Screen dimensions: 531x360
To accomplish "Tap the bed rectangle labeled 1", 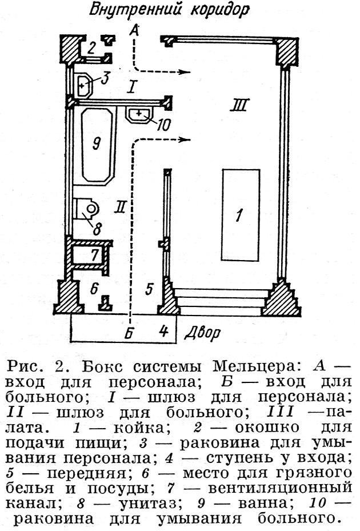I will [240, 215].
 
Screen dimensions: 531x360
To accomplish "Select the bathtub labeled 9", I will [97, 145].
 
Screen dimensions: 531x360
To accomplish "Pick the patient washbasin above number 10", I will [138, 114].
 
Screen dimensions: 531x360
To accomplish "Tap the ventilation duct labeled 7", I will [91, 253].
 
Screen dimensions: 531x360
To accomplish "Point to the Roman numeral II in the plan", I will [119, 207].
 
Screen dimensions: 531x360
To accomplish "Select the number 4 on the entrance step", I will [164, 330].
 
